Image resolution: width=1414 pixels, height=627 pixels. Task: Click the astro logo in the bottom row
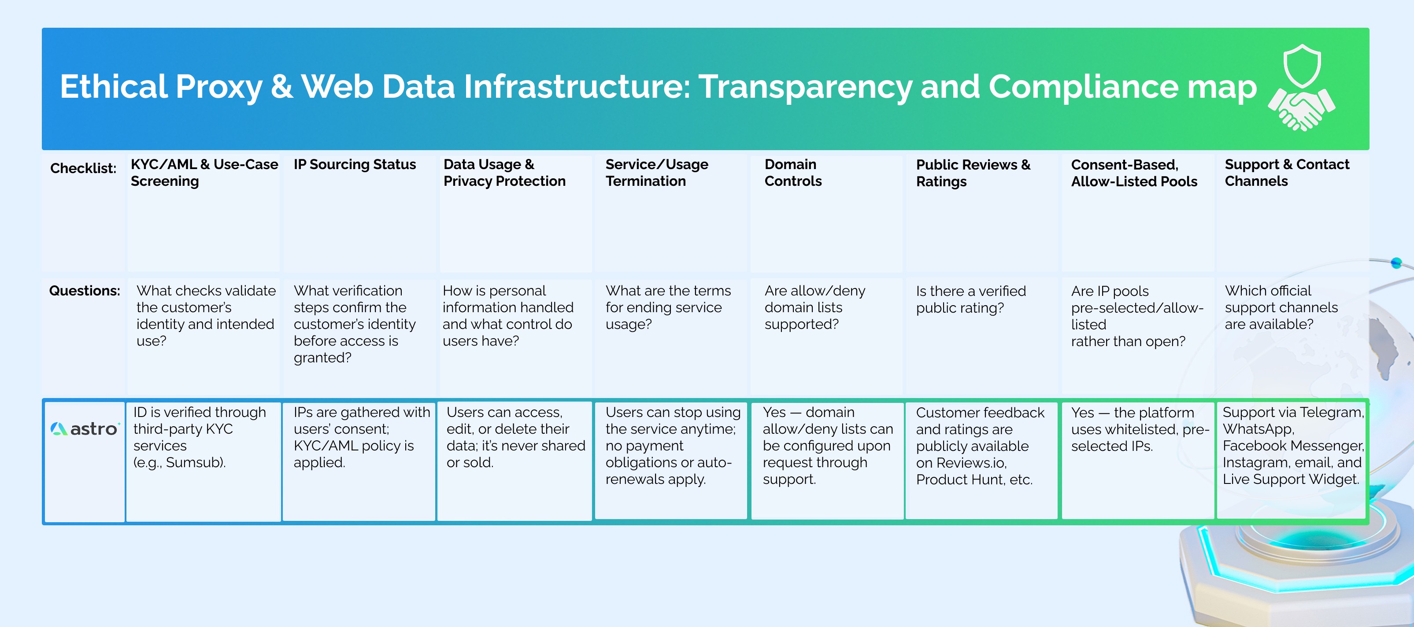(x=84, y=429)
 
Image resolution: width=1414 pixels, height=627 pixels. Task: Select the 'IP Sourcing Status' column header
(x=355, y=165)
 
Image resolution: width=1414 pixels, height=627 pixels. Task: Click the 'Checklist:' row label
(x=83, y=168)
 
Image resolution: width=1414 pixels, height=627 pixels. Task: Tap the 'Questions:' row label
(x=84, y=291)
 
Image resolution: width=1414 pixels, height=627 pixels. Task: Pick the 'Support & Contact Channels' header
(x=1286, y=173)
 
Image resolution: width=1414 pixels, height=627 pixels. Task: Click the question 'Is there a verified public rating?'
(x=970, y=299)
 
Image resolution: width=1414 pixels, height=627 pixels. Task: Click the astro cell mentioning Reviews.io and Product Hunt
(x=979, y=446)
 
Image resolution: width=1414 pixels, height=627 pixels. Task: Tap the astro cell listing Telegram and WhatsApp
(x=1292, y=446)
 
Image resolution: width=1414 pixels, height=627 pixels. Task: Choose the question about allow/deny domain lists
(x=814, y=307)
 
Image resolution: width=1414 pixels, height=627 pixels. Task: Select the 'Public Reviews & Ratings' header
(x=973, y=173)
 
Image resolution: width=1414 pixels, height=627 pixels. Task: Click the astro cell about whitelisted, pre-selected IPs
(x=1139, y=429)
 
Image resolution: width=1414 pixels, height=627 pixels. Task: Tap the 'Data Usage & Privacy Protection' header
(x=504, y=173)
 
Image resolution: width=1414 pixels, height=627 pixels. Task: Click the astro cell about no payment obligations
(x=672, y=446)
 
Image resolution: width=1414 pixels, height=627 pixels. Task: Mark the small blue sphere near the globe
(x=1396, y=263)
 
